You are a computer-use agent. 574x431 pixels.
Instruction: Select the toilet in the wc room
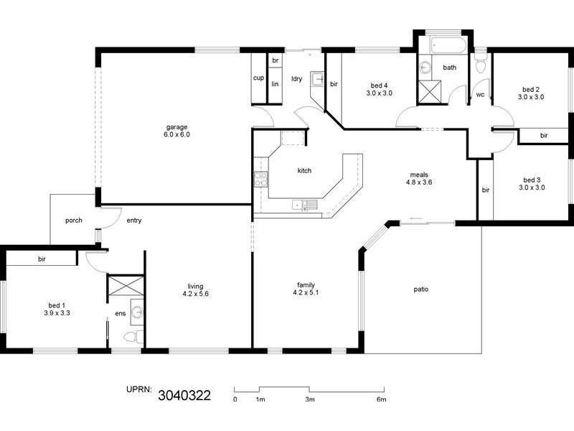(480, 66)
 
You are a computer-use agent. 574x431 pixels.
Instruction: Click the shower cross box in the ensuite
(125, 286)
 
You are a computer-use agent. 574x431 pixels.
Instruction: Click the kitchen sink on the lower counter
(304, 205)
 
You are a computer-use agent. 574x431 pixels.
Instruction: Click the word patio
(421, 289)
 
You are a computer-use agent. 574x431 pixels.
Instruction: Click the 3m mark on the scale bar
(309, 399)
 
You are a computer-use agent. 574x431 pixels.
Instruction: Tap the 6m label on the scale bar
(381, 399)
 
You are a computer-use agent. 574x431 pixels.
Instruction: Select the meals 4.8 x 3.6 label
(419, 179)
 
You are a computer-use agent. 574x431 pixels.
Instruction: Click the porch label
(72, 221)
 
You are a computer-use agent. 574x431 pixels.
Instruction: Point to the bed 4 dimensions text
(379, 93)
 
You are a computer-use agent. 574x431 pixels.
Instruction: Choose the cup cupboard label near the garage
(258, 78)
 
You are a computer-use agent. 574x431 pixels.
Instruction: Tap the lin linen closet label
(275, 83)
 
